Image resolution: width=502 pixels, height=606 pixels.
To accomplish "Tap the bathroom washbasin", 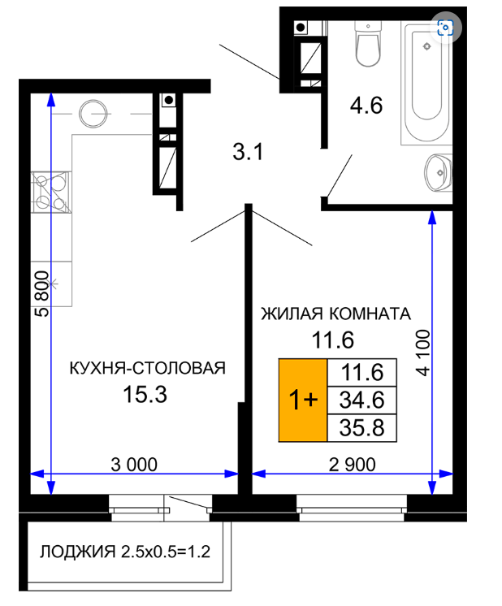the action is (x=439, y=172).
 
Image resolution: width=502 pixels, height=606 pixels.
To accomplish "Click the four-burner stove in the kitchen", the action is (x=51, y=193).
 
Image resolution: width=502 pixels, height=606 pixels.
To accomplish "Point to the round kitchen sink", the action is (x=93, y=114).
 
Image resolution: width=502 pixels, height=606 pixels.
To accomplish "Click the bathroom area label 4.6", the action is (x=366, y=106).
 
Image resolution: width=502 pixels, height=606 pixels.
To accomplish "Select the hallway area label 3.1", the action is (x=248, y=151).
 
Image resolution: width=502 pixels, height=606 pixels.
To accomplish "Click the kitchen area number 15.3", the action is (x=145, y=395).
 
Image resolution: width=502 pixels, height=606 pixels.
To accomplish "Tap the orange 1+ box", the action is (x=303, y=400).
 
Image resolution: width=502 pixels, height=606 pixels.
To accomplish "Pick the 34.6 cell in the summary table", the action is (x=361, y=400).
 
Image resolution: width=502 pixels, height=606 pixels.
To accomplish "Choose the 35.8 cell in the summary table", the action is (x=361, y=428).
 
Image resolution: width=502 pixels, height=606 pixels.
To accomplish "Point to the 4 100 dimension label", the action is (x=422, y=353).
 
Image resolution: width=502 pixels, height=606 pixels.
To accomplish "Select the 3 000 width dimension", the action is (x=134, y=465).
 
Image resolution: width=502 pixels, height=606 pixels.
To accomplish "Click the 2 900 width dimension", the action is (x=352, y=465).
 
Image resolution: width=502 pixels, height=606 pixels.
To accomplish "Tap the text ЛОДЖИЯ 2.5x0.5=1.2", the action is (x=125, y=552).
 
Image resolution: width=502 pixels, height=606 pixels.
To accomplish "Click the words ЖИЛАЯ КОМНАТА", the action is (x=335, y=314).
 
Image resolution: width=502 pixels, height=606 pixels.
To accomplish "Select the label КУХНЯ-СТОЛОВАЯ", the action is (x=147, y=368).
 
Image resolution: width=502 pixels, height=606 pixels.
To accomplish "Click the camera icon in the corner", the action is (x=445, y=28).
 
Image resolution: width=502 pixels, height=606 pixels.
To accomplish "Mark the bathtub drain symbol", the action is (x=427, y=46).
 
